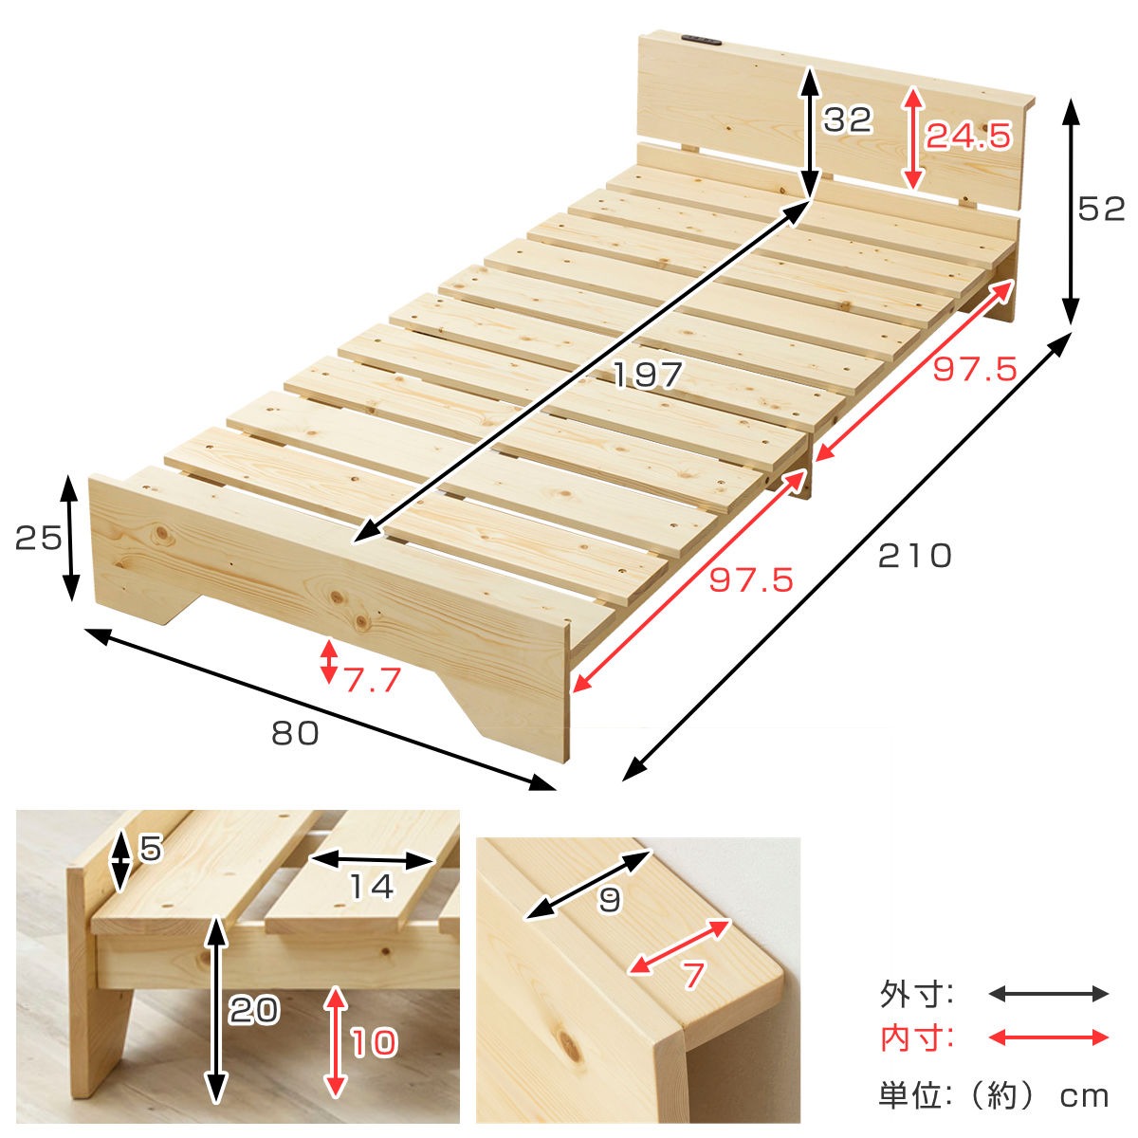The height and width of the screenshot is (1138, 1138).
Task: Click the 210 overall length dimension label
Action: (914, 556)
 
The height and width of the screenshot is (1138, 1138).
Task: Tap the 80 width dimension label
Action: (295, 733)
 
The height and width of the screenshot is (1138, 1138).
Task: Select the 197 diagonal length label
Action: (648, 375)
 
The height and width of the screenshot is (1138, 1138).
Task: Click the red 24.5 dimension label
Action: (968, 136)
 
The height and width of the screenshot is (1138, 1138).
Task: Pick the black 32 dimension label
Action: (848, 119)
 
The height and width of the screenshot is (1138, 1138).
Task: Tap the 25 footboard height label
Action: (38, 538)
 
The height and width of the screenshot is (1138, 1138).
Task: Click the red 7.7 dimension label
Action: (373, 679)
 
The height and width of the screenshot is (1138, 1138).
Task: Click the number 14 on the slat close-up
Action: (372, 886)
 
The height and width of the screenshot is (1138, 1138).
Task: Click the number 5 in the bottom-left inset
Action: (151, 848)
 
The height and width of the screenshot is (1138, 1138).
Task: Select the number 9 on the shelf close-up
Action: (610, 899)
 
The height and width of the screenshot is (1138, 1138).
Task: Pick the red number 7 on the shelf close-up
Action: (694, 975)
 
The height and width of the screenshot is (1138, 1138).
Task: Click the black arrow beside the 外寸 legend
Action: (1048, 994)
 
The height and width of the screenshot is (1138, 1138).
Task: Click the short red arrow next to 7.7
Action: (329, 661)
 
